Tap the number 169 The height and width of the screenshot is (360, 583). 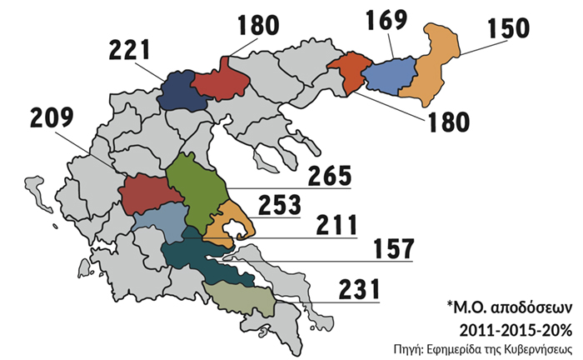click(385, 20)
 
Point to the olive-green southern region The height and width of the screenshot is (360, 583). click(240, 297)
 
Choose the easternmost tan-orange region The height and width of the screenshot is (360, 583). click(433, 67)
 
